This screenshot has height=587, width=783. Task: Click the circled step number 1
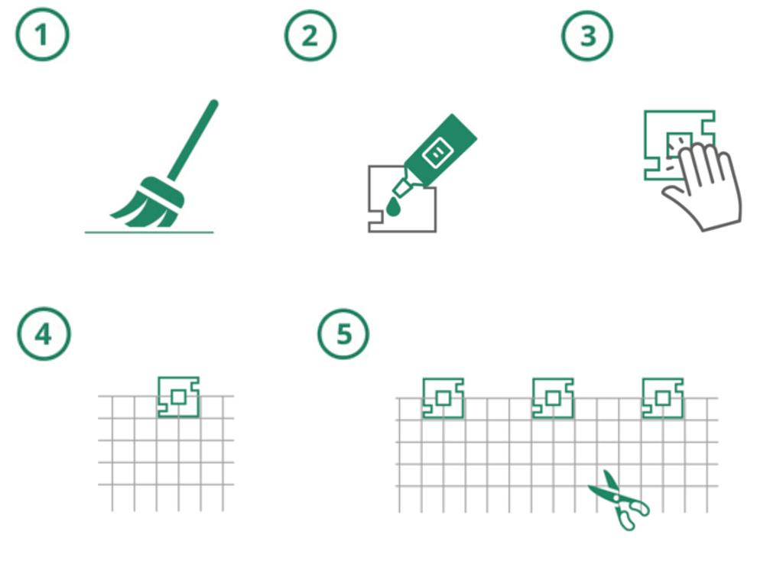coord(43,35)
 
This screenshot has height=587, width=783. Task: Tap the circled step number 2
coord(310,36)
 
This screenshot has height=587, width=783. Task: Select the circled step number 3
coord(587,36)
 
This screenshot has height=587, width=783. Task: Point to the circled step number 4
coord(44,333)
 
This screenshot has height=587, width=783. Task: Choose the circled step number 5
coord(343,333)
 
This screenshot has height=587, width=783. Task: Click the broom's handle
coord(193,139)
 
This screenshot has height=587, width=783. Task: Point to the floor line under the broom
coord(149,232)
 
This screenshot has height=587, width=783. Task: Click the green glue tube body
coord(440,149)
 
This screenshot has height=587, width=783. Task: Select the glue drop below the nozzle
coord(394,207)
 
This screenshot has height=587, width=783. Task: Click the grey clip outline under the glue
coord(369,199)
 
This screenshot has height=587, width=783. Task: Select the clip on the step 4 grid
coord(179,397)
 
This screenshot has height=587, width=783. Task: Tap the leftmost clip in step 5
coord(443,397)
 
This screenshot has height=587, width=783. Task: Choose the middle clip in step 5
coord(553,397)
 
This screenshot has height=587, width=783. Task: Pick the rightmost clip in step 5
coord(663,397)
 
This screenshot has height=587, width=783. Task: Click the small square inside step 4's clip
coord(179,397)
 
